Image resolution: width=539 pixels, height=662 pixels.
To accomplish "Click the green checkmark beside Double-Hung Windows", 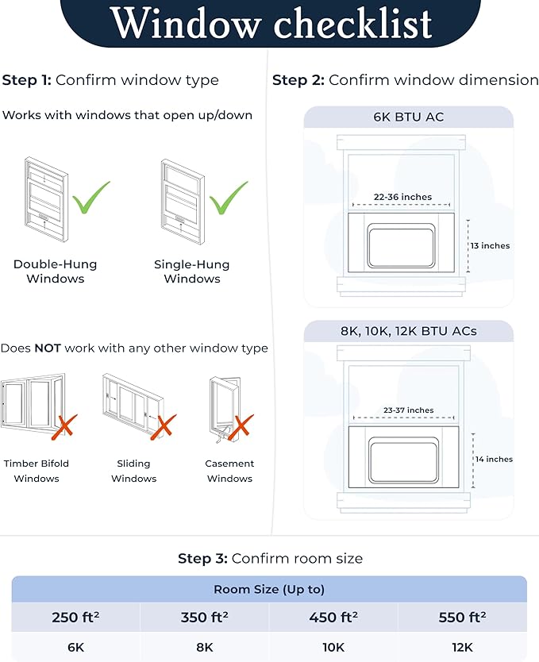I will tap(90, 198).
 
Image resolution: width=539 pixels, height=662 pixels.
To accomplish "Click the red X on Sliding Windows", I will tap(164, 427).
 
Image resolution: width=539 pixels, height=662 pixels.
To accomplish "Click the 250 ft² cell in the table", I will tap(75, 617).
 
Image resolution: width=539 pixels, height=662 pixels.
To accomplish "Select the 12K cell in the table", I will tap(462, 647).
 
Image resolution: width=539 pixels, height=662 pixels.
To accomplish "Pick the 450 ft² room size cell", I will tap(333, 617).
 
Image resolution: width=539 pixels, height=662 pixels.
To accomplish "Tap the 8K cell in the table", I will tap(205, 647).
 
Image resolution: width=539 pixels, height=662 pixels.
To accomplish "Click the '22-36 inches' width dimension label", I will tap(402, 197).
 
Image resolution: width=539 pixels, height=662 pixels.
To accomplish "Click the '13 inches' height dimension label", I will tap(490, 246).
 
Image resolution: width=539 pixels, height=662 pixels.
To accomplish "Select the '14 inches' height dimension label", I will tap(493, 460).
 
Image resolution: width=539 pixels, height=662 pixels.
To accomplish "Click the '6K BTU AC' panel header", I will tap(409, 117).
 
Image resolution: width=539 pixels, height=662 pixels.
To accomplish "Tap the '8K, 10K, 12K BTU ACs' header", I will tap(409, 331).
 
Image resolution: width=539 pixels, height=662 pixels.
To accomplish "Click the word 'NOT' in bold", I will tap(47, 348).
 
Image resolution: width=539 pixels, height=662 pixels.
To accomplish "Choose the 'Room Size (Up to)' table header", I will tap(269, 589).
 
